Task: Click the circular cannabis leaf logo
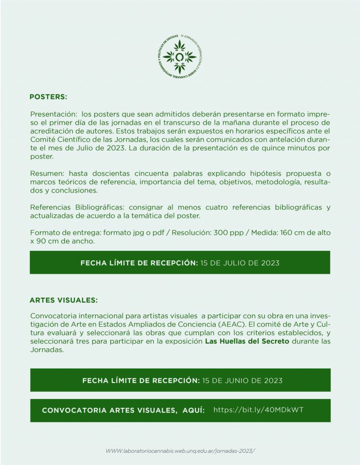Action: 180,58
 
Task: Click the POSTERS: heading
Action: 48,97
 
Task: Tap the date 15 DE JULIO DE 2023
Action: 240,263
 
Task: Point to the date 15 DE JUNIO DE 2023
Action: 242,380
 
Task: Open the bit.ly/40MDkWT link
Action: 258,410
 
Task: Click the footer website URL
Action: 180,450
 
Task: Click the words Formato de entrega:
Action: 59,233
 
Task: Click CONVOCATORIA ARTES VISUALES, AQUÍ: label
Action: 123,410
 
